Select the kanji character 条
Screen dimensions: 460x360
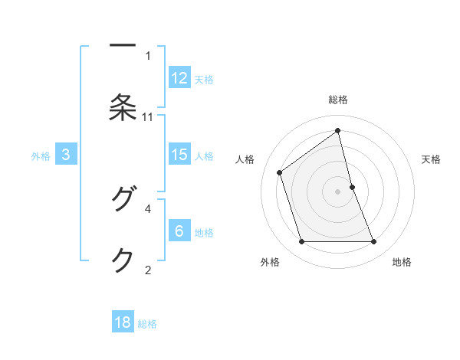123,107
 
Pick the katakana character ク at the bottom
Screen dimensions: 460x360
123,260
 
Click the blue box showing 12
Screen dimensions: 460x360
179,77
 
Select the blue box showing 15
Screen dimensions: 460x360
179,155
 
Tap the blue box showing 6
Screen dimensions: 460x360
179,231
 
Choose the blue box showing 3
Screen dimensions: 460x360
66,155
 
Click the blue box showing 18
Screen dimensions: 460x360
123,322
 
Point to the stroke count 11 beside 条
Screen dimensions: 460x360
148,116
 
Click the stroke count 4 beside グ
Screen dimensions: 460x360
148,208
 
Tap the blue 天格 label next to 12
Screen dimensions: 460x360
204,79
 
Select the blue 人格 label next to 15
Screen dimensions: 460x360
204,156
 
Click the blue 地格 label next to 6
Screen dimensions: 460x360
204,233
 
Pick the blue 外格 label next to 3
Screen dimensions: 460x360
41,156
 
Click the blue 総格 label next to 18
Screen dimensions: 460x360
147,324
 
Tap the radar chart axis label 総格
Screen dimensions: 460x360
338,100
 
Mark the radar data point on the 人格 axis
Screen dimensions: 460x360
280,172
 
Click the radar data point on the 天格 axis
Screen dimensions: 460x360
352,187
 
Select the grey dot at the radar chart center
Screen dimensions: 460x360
338,191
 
